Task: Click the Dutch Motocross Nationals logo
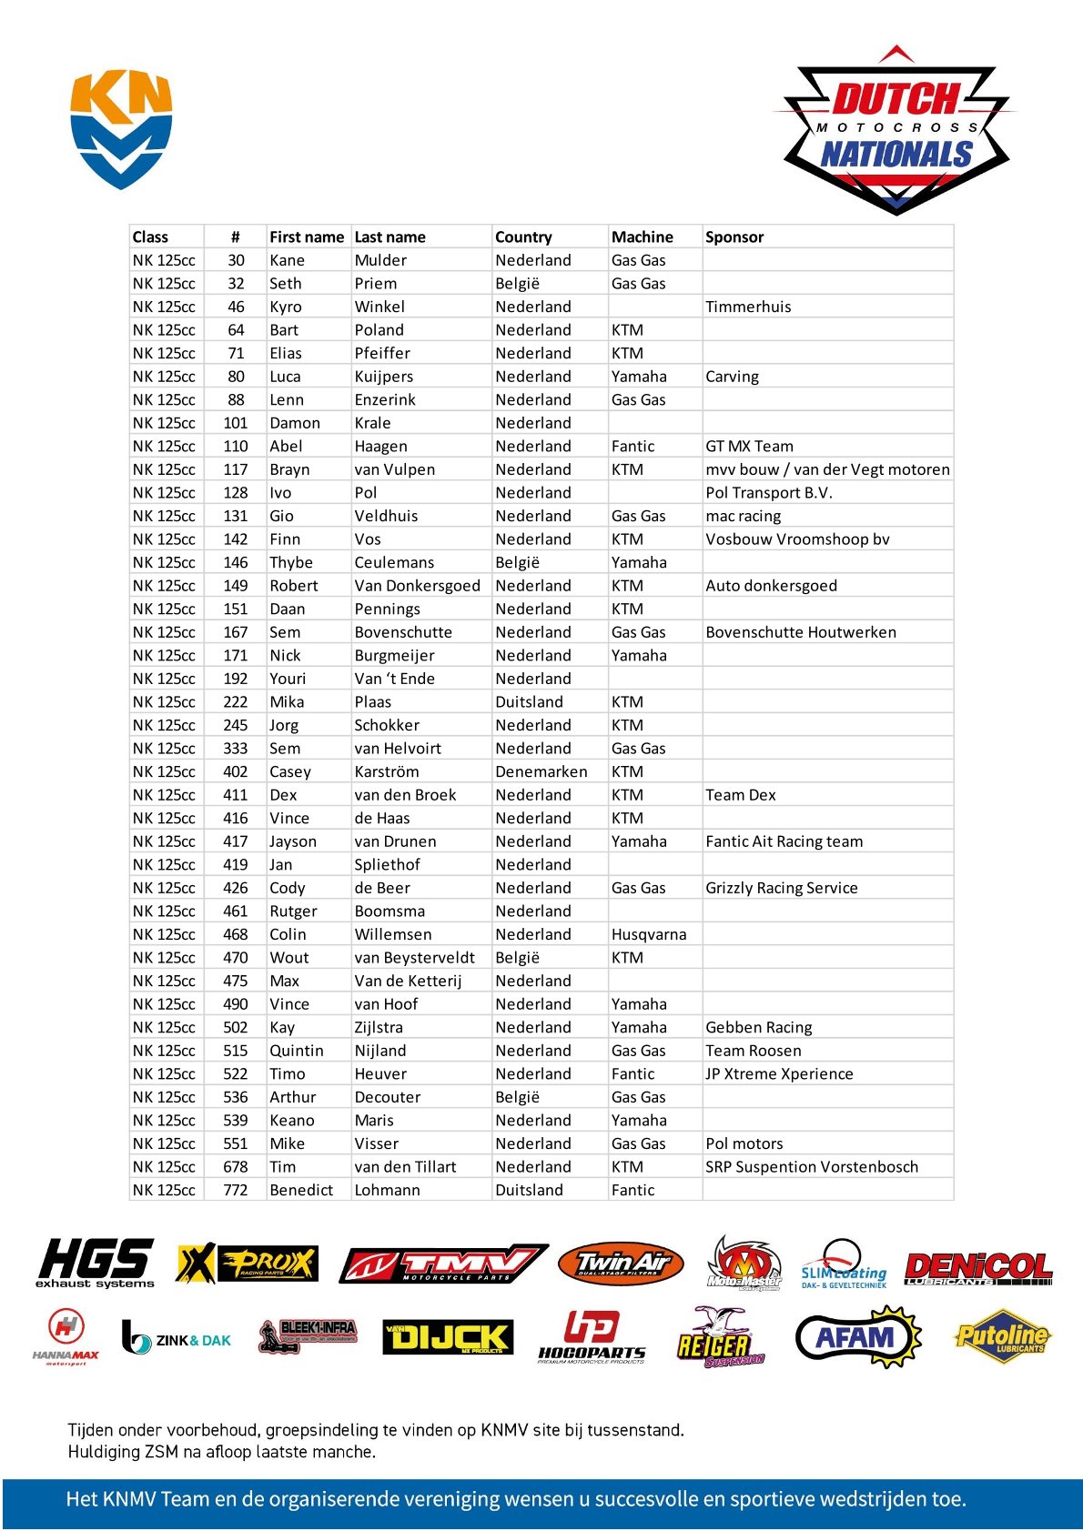896,130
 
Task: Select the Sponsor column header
734,237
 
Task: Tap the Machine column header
643,237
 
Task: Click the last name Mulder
380,260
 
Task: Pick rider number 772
236,1190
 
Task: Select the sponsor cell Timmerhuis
748,307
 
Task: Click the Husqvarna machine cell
649,934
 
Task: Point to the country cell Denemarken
541,771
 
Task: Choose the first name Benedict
301,1190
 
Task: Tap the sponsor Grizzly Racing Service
782,888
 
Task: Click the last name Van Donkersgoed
417,586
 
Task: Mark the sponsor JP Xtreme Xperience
779,1073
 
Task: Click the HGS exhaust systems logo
96,1264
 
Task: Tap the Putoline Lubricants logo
1002,1337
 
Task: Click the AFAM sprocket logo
857,1337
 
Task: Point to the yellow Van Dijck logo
448,1337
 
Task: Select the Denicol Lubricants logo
978,1267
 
